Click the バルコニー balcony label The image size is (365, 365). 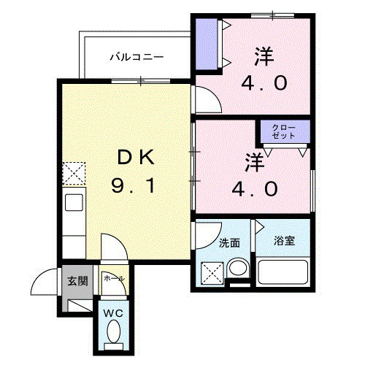click(137, 55)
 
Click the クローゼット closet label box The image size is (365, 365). click(284, 132)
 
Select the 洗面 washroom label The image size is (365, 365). click(228, 242)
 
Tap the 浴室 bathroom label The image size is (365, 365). click(284, 241)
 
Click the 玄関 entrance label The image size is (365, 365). click(77, 280)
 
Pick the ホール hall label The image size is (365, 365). click(113, 279)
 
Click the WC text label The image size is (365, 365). click(112, 313)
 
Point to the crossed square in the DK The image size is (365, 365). click(73, 174)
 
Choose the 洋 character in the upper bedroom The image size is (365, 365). click(264, 55)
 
